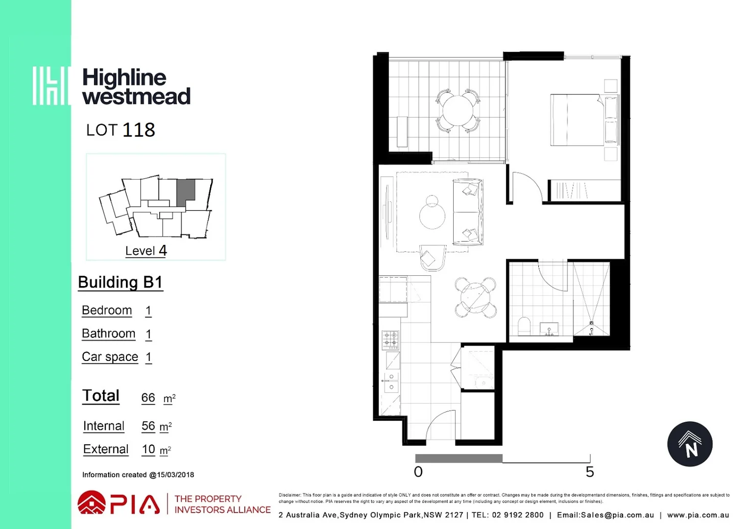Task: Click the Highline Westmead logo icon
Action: click(51, 86)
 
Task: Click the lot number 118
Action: click(139, 130)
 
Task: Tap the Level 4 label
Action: click(146, 251)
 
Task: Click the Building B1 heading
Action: click(120, 283)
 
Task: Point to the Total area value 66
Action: click(148, 398)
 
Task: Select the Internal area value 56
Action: click(148, 426)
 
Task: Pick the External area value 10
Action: click(148, 449)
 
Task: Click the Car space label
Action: click(110, 357)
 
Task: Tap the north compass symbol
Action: click(690, 444)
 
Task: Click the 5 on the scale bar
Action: click(590, 472)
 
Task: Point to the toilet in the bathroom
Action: click(524, 326)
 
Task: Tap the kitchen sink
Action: click(391, 383)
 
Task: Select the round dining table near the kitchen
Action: click(475, 297)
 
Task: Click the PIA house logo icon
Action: click(92, 503)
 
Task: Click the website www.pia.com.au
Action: click(698, 515)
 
